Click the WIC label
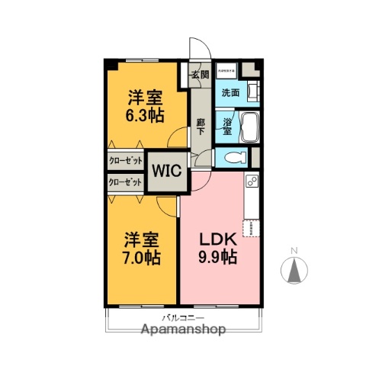pyautogui.click(x=167, y=169)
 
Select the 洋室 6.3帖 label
pyautogui.click(x=144, y=106)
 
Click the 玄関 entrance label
pyautogui.click(x=200, y=75)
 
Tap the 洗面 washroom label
pyautogui.click(x=230, y=92)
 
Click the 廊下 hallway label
pyautogui.click(x=200, y=127)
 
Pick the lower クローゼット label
pyautogui.click(x=125, y=182)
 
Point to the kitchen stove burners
pyautogui.click(x=251, y=183)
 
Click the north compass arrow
pyautogui.click(x=295, y=270)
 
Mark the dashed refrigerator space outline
pyautogui.click(x=252, y=227)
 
